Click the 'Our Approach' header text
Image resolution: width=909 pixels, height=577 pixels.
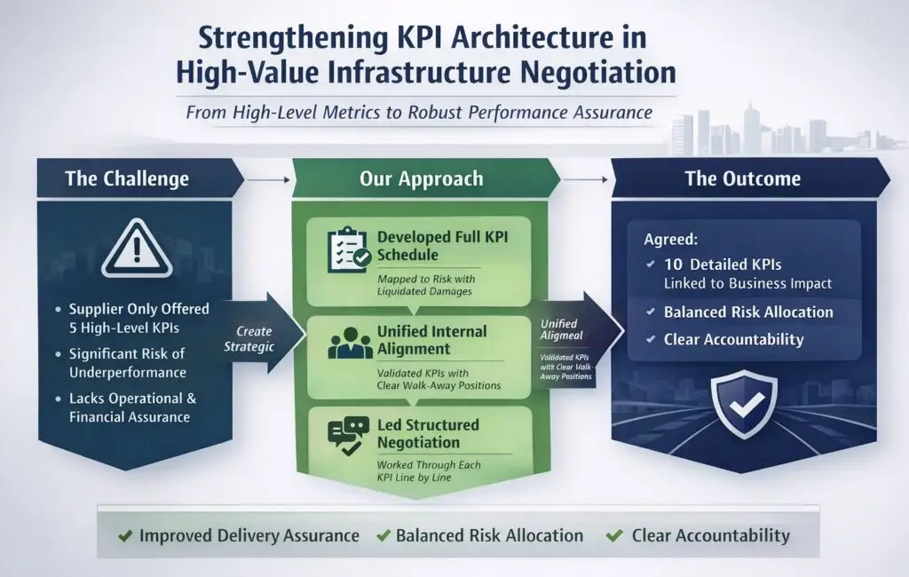click(422, 178)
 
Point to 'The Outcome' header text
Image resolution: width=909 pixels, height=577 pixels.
click(742, 178)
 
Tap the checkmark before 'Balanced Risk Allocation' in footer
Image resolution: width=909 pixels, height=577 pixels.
click(383, 536)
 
